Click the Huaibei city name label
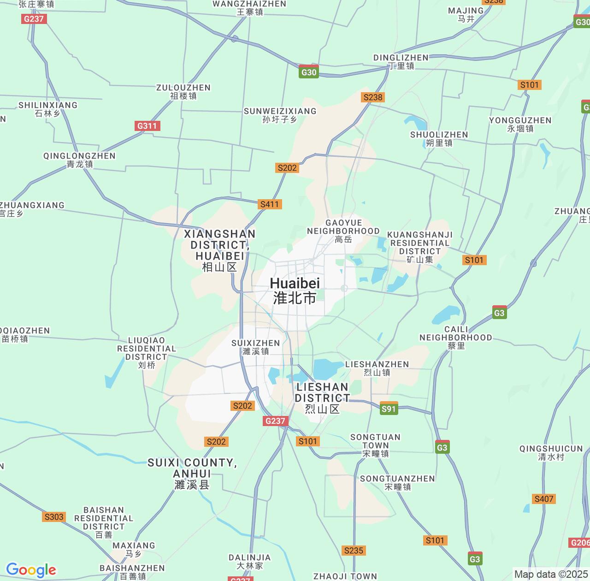coord(295,290)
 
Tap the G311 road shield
coord(147,126)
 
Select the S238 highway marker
coord(373,97)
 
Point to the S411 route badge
coord(270,204)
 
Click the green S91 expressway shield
coord(389,409)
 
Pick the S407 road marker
coord(544,499)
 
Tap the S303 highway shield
coord(54,517)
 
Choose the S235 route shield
coord(354,551)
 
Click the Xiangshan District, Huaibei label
coord(219,250)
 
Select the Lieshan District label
coord(322,397)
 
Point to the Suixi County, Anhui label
coord(192,474)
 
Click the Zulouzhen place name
coord(183,91)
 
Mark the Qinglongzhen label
coord(79,160)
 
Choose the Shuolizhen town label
coord(439,138)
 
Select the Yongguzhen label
coord(520,124)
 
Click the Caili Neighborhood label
coord(455,338)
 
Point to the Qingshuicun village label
coord(551,452)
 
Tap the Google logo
coord(31,570)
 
